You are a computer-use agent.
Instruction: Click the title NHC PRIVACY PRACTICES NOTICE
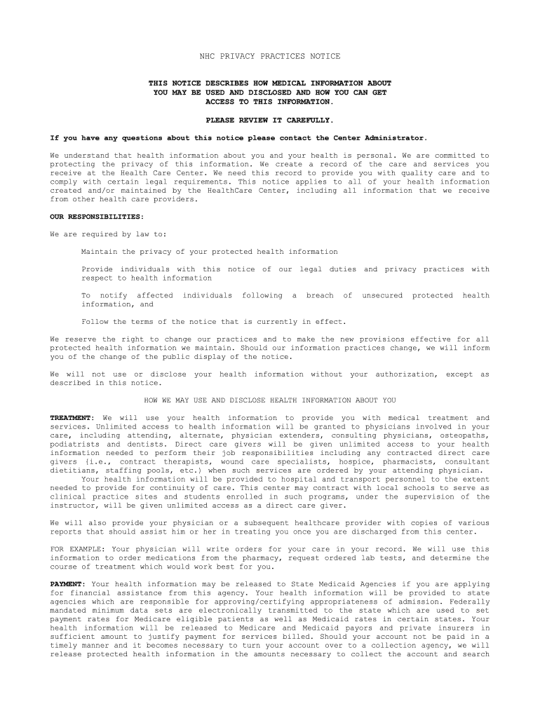pos(270,56)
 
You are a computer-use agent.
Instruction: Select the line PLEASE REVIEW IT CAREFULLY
pos(270,120)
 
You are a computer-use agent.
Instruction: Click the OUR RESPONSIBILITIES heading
pos(96,217)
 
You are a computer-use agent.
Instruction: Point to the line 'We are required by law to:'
pos(109,234)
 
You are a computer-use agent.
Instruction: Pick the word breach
pos(320,296)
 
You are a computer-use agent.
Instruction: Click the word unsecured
pos(382,296)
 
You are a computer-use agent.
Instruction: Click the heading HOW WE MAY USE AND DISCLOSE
pos(270,400)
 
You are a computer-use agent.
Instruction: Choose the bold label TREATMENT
pos(72,418)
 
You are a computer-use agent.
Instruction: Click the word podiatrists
pos(74,445)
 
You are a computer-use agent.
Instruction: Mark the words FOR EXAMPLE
pos(74,549)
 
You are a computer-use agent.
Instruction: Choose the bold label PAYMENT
pos(67,584)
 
